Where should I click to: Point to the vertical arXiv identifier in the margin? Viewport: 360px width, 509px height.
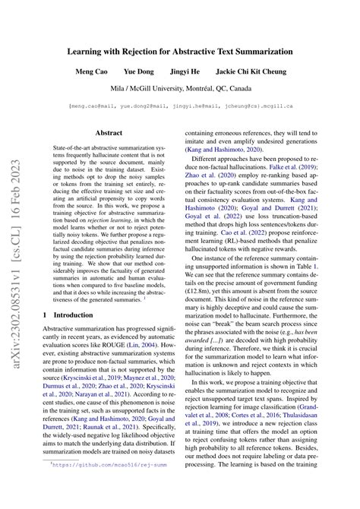(17, 251)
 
